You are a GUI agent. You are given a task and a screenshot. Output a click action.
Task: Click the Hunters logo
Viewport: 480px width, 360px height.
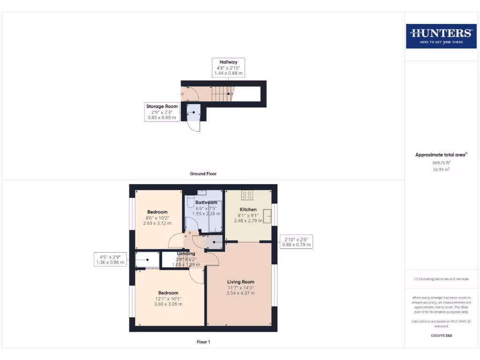pyautogui.click(x=441, y=36)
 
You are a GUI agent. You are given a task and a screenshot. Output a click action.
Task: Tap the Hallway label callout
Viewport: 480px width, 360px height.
pyautogui.click(x=228, y=67)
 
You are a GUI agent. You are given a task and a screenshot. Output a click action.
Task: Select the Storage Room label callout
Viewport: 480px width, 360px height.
pyautogui.click(x=162, y=112)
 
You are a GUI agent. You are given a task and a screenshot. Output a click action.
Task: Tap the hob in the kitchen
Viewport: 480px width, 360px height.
pyautogui.click(x=247, y=195)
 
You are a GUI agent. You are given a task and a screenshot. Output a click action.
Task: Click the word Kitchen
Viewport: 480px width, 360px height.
pyautogui.click(x=248, y=210)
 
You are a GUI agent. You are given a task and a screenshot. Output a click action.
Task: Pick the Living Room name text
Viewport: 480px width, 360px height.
pyautogui.click(x=240, y=282)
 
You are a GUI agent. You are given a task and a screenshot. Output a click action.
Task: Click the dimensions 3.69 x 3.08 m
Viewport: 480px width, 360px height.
pyautogui.click(x=168, y=304)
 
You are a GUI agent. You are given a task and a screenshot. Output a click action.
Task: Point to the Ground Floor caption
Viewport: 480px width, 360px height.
pyautogui.click(x=203, y=173)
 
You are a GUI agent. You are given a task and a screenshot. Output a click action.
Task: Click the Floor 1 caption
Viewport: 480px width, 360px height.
pyautogui.click(x=203, y=342)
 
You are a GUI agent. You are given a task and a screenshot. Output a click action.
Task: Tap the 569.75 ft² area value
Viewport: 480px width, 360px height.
pyautogui.click(x=441, y=162)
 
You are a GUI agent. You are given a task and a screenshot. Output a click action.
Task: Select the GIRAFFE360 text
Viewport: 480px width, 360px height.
pyautogui.click(x=441, y=336)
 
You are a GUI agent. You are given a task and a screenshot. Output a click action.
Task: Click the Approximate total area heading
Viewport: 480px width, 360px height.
pyautogui.click(x=441, y=155)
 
